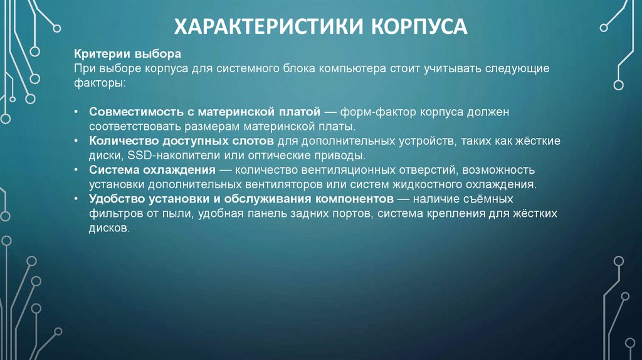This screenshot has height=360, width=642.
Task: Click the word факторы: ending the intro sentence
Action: [x=100, y=83]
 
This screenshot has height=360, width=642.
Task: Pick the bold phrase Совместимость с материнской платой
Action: [x=205, y=112]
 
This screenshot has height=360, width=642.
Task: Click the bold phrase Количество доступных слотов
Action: [x=181, y=141]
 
